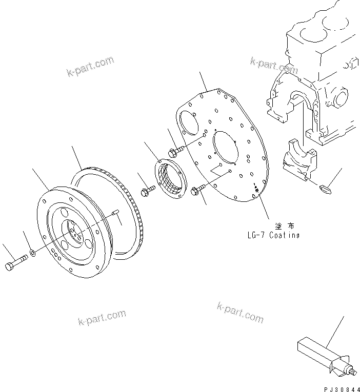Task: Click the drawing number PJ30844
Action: pyautogui.click(x=338, y=387)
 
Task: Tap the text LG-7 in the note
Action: pyautogui.click(x=256, y=235)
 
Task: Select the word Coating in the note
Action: pyautogui.click(x=283, y=235)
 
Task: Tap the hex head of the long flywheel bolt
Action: pyautogui.click(x=10, y=266)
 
